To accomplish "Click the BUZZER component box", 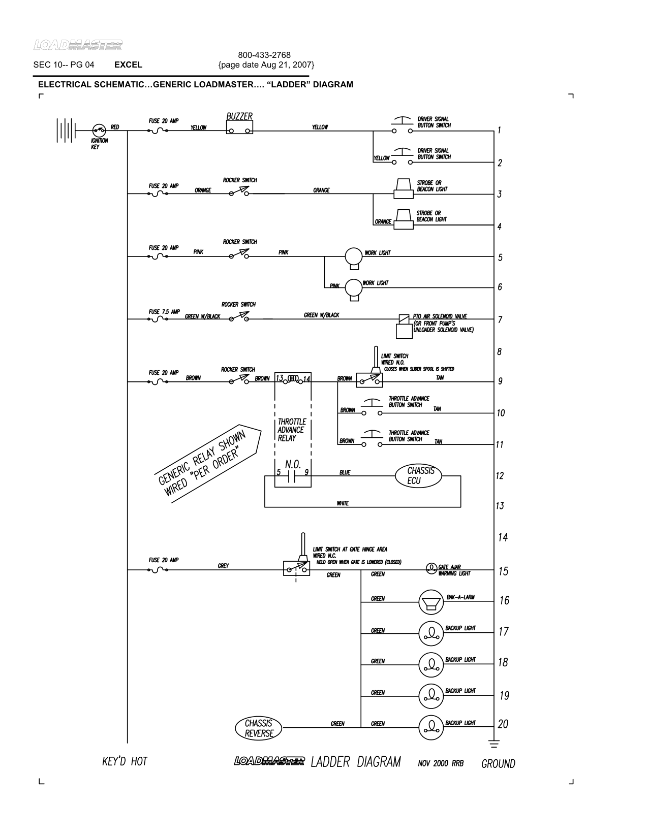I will coord(239,127).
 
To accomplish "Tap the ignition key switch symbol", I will coord(99,130).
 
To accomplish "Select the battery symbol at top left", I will coord(66,130).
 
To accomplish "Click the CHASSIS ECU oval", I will coord(418,476).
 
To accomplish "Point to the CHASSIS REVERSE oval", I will coord(258,728).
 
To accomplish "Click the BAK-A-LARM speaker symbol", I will coord(431,602).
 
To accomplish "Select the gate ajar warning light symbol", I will coord(431,567).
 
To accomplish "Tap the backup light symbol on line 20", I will coord(431,727).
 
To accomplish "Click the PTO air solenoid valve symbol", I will coord(404,326).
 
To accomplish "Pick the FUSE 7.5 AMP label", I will coord(164,312).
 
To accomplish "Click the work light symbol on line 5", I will coord(353,256).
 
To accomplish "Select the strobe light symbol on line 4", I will coord(404,219).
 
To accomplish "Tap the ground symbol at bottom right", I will coord(493,744).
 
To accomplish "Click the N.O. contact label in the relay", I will coord(293,464).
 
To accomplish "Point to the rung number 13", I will coord(500,506).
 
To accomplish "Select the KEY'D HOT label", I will coord(125,761).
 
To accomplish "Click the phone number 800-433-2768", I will coord(264,55).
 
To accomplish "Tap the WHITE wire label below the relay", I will coord(343,503).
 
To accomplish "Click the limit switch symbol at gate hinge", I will coord(296,567).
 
